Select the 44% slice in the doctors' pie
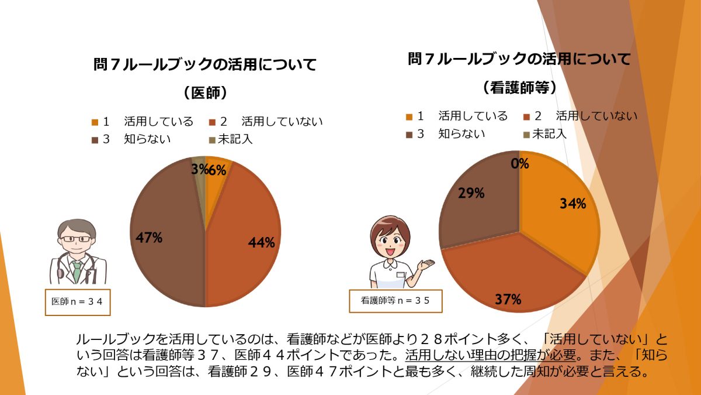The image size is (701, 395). (245, 234)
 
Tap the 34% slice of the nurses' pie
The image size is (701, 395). (561, 217)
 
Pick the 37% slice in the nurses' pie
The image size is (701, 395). (508, 275)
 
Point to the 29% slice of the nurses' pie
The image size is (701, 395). (479, 199)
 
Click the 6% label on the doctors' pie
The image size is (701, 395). (217, 170)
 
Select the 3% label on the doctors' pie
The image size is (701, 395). (199, 170)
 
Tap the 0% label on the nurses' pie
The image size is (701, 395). (519, 164)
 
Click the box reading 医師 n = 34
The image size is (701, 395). (77, 302)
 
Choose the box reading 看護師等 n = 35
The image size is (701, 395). (395, 301)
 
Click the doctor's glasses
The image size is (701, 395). (77, 239)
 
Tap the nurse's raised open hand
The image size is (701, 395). (426, 265)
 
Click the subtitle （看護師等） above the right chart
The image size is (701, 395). (519, 87)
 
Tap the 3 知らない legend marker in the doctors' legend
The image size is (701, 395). (95, 140)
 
